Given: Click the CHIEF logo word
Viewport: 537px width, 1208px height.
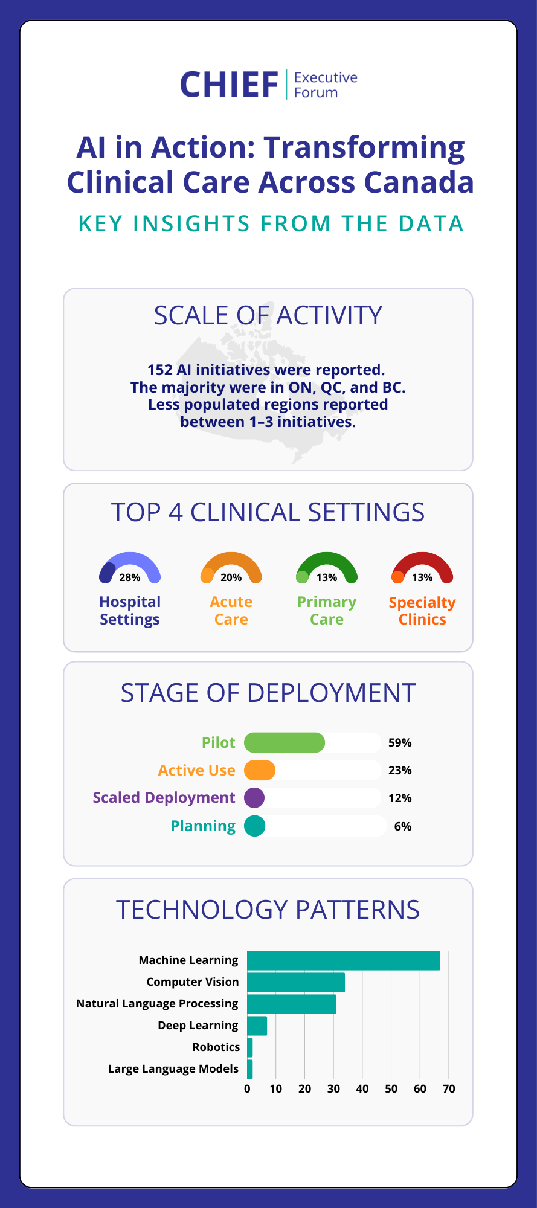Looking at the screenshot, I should [x=229, y=85].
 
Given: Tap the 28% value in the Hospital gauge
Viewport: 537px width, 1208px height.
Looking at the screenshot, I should [x=130, y=577].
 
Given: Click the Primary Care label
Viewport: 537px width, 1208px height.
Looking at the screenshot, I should [x=327, y=611].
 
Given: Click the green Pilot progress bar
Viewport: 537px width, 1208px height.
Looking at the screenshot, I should [x=284, y=742].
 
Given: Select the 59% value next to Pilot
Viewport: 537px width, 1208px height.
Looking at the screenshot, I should [x=400, y=742].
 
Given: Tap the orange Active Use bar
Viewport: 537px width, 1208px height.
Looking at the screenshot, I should [x=260, y=770].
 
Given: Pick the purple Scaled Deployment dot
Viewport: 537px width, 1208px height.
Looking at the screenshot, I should [x=254, y=798].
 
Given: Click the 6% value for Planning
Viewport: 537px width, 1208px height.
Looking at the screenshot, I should [x=403, y=826].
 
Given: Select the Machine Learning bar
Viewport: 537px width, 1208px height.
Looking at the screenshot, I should [x=343, y=960].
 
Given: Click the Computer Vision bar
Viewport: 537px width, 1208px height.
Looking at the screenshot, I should [x=296, y=982].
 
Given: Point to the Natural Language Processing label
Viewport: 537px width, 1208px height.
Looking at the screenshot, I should [x=157, y=1004].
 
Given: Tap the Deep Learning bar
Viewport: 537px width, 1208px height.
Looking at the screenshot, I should [x=257, y=1026].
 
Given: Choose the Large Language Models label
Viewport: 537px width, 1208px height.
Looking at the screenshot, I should [x=173, y=1069].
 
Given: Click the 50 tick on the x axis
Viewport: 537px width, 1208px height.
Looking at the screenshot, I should [x=391, y=1089].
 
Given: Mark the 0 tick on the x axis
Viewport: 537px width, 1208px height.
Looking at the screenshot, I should [x=248, y=1089].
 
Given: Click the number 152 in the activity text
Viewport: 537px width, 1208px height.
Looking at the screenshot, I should [x=160, y=370].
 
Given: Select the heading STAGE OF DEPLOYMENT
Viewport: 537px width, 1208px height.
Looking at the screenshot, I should [x=268, y=693].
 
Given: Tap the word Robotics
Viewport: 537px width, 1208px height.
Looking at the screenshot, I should [x=216, y=1047].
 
